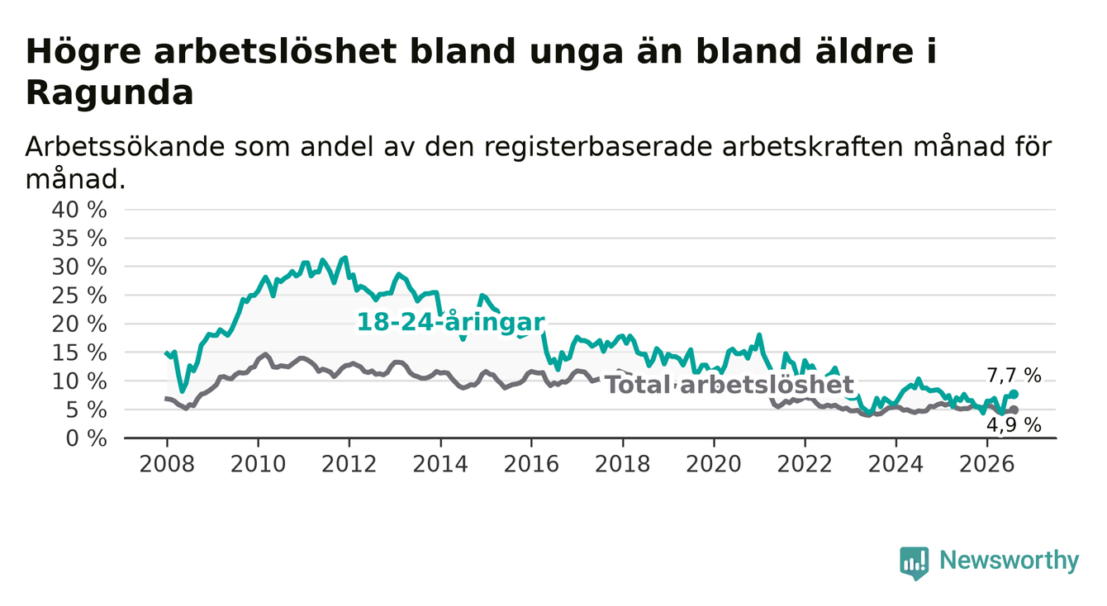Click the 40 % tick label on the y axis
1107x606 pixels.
(x=79, y=210)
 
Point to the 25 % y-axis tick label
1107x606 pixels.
(x=79, y=296)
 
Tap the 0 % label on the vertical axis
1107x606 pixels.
(x=86, y=438)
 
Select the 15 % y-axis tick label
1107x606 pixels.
(x=79, y=353)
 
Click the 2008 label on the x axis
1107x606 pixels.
(x=167, y=465)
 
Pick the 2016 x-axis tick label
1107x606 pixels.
(x=531, y=465)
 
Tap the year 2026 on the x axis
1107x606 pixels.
(x=987, y=465)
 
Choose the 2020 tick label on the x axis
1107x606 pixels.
(x=714, y=465)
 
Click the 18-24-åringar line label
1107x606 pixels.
(x=451, y=323)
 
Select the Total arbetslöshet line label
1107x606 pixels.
(x=729, y=385)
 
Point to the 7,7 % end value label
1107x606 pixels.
(x=1014, y=376)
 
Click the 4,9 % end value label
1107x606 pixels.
(x=1014, y=424)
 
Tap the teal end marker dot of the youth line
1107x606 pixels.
(x=1014, y=394)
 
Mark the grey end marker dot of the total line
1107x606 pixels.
(x=1014, y=410)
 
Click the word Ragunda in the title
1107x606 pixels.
(x=109, y=92)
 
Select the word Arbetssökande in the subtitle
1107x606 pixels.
(x=125, y=147)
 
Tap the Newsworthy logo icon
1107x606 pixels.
(x=914, y=562)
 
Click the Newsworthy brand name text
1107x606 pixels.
(x=1010, y=561)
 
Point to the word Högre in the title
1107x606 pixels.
(x=83, y=52)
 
